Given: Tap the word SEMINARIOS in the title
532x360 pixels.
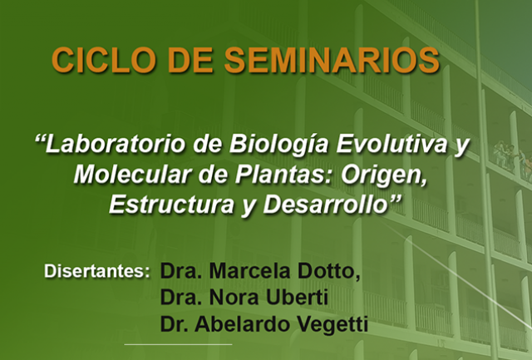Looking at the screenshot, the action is tap(332, 60).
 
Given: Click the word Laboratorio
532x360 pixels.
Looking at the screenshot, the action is tap(116, 144).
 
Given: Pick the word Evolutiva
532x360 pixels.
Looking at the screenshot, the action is tap(392, 144).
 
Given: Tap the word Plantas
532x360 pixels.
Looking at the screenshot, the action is tap(283, 175).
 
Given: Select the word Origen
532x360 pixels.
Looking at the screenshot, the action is tap(384, 175).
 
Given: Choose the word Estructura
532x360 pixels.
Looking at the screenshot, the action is tap(171, 205).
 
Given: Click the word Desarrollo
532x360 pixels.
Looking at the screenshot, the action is tap(326, 205).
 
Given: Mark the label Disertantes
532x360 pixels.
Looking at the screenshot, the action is tap(96, 271).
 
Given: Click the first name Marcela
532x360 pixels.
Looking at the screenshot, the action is tap(249, 271).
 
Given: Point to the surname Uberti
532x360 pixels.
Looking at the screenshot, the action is tap(297, 298).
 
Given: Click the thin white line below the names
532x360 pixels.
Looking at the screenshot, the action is tap(178, 344).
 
